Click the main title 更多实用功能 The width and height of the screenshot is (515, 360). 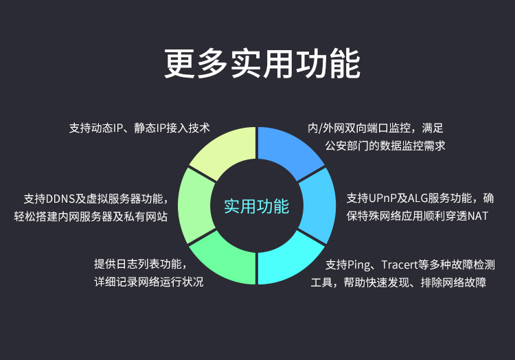[262, 64]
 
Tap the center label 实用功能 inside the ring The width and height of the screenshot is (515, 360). [257, 206]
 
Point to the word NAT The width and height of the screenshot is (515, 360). [478, 216]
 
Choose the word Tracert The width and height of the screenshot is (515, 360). [400, 265]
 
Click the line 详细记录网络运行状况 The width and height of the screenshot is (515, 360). [149, 282]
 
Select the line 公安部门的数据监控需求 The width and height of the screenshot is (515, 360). [385, 146]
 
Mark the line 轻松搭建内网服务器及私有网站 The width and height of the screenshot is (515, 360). [91, 216]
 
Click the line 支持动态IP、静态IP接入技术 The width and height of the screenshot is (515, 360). [139, 128]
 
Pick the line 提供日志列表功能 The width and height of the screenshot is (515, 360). [141, 264]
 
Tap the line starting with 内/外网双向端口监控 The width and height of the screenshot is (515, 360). [376, 128]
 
